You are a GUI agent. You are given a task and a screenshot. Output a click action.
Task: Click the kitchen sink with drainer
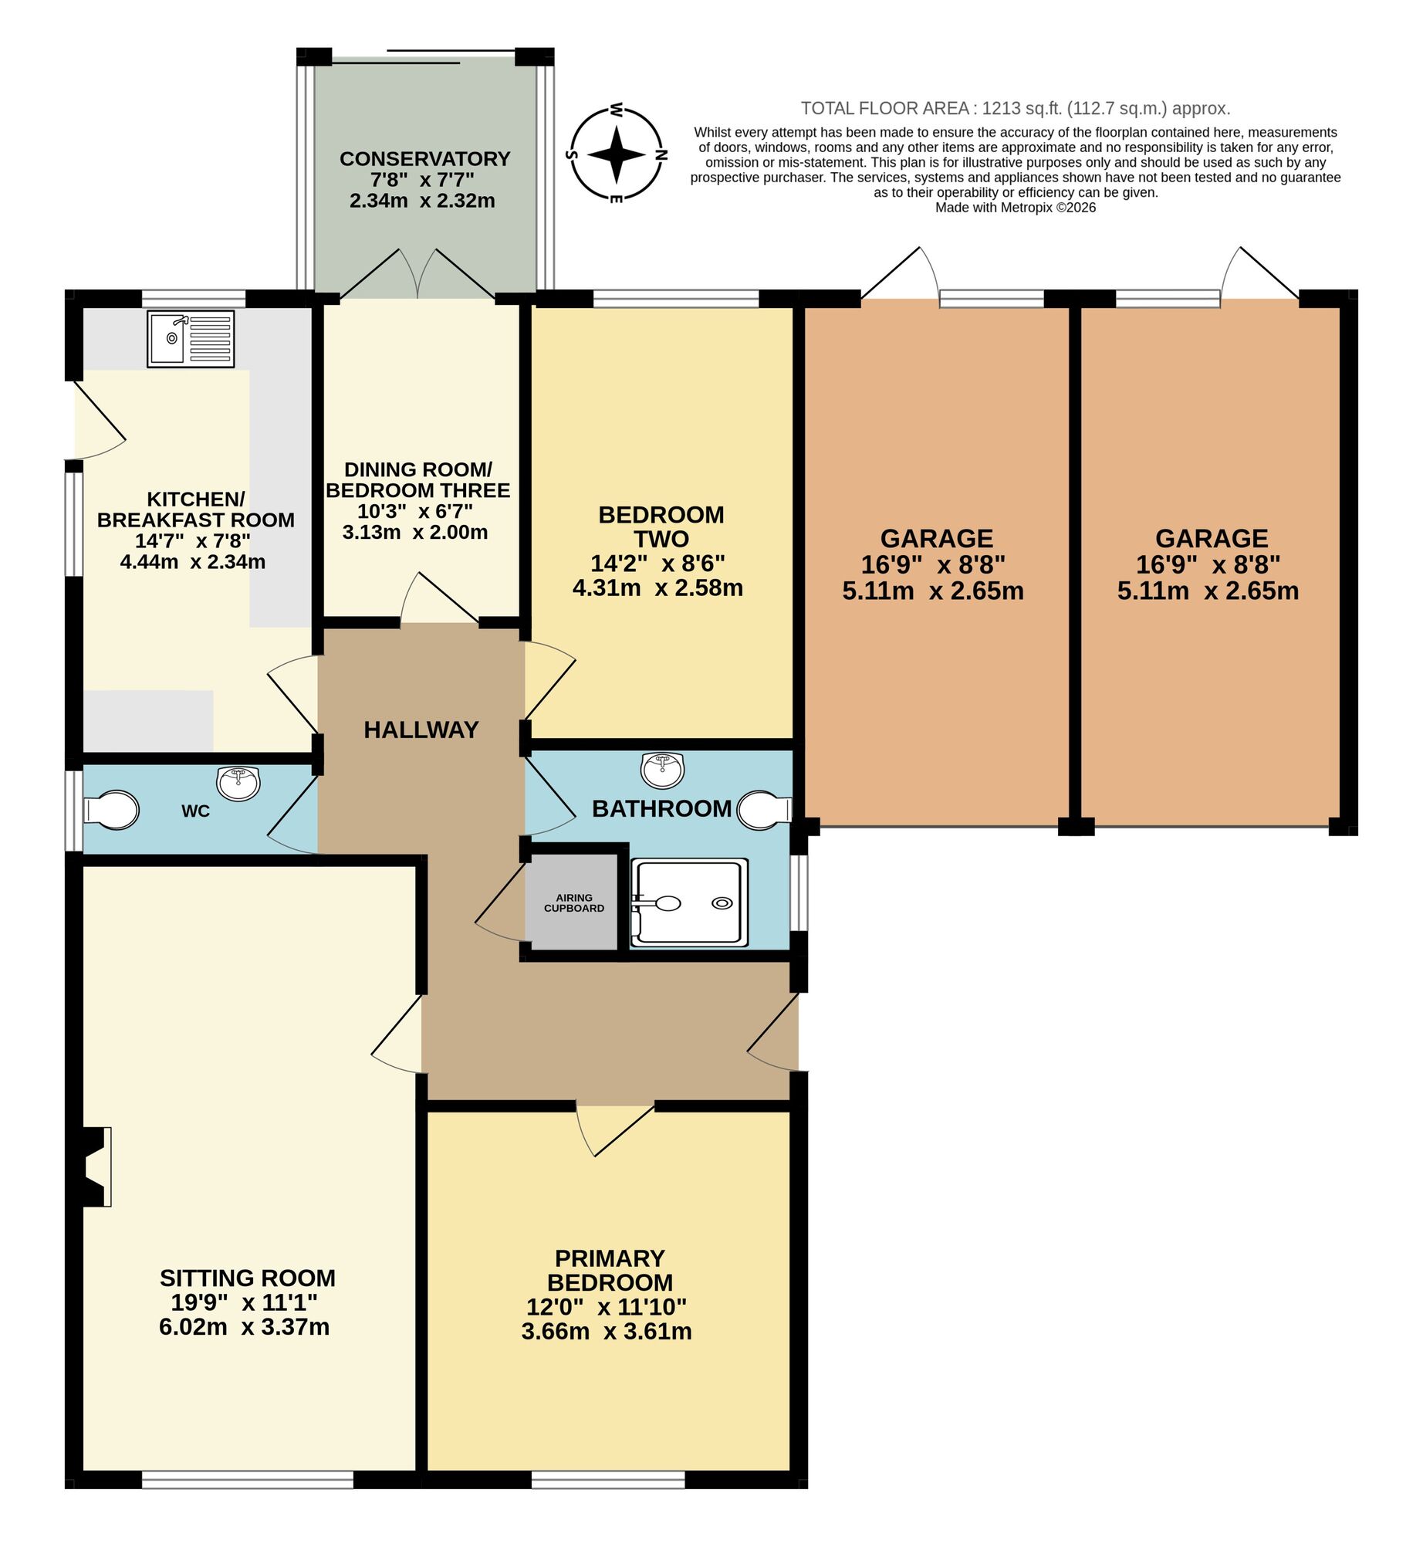tap(191, 339)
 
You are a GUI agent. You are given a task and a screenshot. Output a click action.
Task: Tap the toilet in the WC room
tap(112, 810)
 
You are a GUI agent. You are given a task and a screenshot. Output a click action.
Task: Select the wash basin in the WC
tap(238, 783)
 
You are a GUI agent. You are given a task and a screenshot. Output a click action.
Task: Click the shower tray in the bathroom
tap(689, 902)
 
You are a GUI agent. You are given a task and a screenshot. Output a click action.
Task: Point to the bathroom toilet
tap(762, 810)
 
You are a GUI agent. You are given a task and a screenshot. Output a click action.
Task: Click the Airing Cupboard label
tap(573, 902)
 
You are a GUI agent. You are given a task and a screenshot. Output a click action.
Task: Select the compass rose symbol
tap(617, 154)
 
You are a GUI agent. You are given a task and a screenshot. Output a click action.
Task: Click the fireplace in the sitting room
tap(96, 1166)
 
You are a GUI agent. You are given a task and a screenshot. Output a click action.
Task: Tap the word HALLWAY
tap(421, 730)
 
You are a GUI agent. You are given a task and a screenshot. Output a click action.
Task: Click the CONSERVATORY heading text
tap(424, 159)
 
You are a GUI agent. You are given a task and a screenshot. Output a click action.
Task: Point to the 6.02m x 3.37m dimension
tap(244, 1326)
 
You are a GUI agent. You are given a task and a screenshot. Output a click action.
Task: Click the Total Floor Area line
tap(1016, 109)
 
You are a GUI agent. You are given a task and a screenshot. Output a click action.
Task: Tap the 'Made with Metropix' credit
tap(1016, 208)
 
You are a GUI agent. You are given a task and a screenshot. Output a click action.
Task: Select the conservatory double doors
tap(417, 274)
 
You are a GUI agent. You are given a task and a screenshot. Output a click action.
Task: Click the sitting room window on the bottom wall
tap(248, 1480)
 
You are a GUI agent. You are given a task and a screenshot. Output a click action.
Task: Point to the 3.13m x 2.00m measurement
tap(415, 532)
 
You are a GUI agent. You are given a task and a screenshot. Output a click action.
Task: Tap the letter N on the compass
tap(661, 154)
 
